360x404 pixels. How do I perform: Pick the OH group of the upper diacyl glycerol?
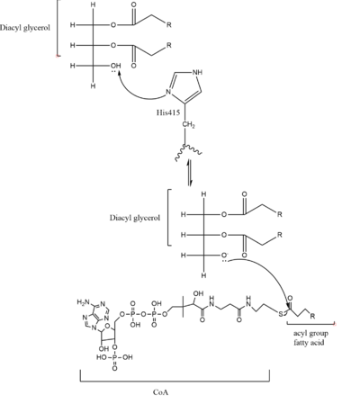pyautogui.click(x=111, y=65)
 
